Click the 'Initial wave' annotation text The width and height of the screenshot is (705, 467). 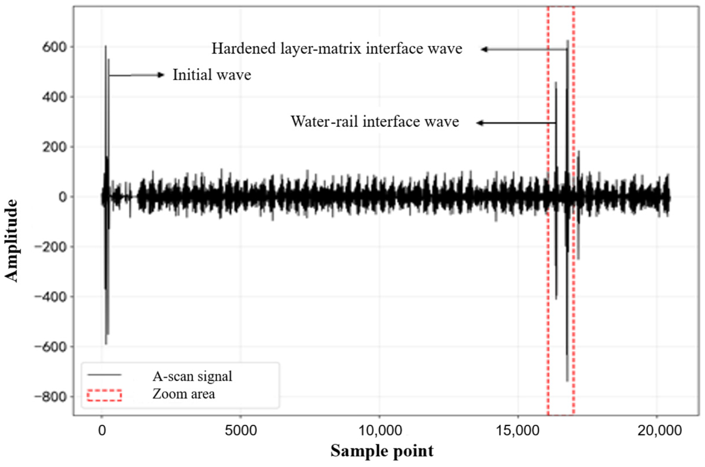(x=212, y=75)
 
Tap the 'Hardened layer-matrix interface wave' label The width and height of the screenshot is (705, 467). (x=337, y=48)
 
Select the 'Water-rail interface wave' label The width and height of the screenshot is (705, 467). (x=375, y=122)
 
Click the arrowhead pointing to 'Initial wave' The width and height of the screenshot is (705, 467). (x=161, y=75)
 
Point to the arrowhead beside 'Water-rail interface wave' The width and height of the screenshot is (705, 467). (x=480, y=123)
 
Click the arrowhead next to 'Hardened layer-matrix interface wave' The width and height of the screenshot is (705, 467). (x=484, y=49)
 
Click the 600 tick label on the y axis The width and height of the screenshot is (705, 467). (x=55, y=47)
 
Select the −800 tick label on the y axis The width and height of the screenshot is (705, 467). (x=51, y=397)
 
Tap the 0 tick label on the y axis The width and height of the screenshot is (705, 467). (x=63, y=197)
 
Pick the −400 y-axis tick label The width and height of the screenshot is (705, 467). (x=51, y=296)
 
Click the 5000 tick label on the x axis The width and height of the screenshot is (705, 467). (x=241, y=431)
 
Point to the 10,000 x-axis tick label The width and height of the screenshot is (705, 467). (x=380, y=431)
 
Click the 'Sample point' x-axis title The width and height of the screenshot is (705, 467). (x=382, y=451)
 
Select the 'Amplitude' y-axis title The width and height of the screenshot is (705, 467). (x=11, y=241)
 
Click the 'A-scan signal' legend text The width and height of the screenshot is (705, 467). (x=192, y=376)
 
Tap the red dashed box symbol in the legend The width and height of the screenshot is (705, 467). (x=105, y=395)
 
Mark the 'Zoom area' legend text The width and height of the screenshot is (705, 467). (x=184, y=394)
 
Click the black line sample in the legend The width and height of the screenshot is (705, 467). (x=105, y=375)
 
